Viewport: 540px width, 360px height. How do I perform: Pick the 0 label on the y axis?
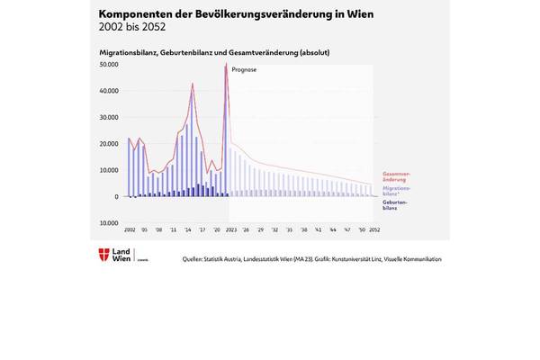coord(116,196)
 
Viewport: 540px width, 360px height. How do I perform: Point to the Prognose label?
coord(244,68)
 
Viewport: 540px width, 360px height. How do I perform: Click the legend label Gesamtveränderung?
coord(397,176)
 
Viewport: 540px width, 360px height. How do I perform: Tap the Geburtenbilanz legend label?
coord(395,205)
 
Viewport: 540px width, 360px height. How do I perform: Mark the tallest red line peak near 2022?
coord(225,65)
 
